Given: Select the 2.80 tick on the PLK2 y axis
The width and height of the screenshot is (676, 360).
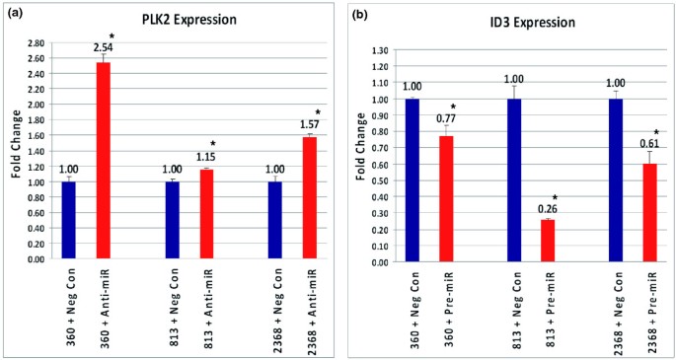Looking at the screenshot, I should pyautogui.click(x=36, y=43).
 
